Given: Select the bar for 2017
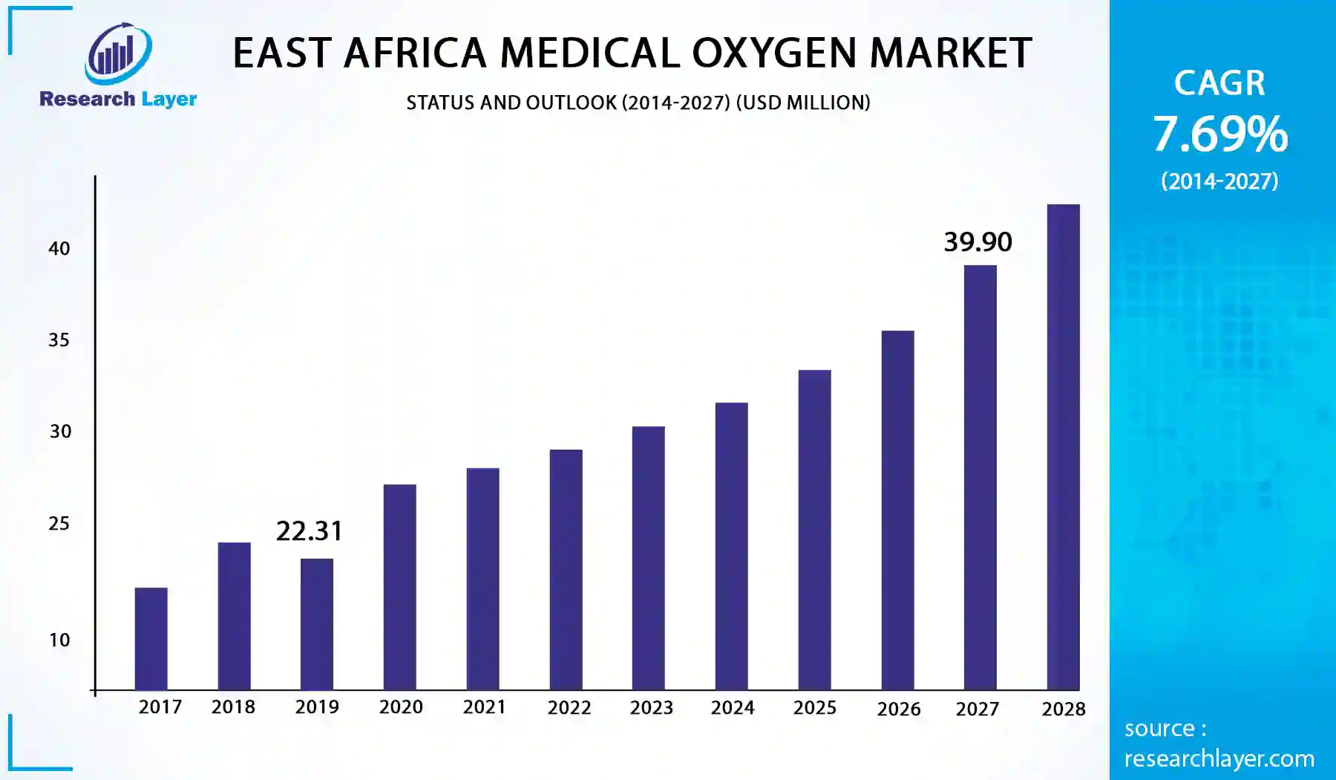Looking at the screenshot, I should [x=151, y=639].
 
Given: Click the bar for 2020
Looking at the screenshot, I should [x=400, y=587].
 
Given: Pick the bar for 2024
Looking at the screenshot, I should [x=732, y=546].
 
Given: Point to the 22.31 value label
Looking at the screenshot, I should [x=310, y=531].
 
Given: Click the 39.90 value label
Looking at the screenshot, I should [x=978, y=242].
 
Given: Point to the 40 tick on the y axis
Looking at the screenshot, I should [x=59, y=249].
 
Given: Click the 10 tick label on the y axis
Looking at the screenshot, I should [x=59, y=640].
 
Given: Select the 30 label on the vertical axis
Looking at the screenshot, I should [x=60, y=432].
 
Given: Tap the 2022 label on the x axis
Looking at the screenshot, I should [x=569, y=708].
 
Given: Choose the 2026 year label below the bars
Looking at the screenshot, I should [x=898, y=709].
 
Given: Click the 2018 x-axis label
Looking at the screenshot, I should [x=233, y=707].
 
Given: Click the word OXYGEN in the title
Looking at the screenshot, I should [x=775, y=53].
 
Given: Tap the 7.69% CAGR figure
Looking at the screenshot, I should [x=1220, y=134].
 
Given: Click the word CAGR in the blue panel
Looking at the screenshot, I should [x=1219, y=82].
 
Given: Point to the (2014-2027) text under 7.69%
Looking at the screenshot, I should [x=1219, y=181].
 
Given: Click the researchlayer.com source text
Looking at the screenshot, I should [x=1219, y=758].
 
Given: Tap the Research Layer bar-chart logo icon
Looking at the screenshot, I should [x=118, y=53].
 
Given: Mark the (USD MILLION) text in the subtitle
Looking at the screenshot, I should [x=803, y=103].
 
